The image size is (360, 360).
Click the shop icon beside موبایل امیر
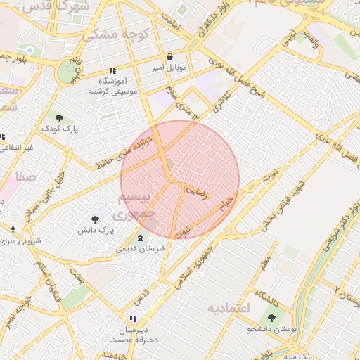[169, 58]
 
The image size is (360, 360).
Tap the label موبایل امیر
[169, 69]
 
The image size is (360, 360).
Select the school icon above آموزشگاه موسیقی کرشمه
[112, 70]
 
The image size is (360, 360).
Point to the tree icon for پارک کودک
[59, 117]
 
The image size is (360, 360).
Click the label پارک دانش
[96, 230]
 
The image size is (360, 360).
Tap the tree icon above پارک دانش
[96, 219]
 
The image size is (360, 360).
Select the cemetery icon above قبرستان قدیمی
[139, 237]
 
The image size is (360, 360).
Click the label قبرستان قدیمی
[139, 248]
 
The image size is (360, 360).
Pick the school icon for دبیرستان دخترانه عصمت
[133, 319]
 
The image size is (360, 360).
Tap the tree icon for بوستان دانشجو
[271, 318]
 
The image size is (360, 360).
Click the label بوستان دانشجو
[271, 329]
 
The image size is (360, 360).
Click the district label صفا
[28, 176]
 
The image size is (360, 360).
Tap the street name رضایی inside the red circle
[196, 191]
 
